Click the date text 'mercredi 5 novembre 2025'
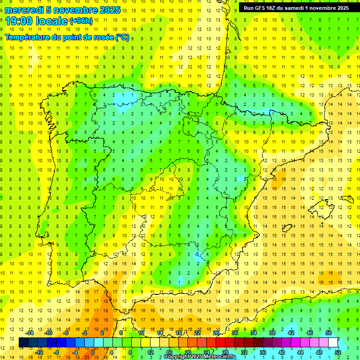(x=62, y=10)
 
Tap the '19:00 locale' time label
(x=36, y=21)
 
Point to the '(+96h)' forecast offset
(x=81, y=21)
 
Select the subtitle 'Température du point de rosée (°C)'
(x=67, y=37)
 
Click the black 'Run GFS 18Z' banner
(x=296, y=7)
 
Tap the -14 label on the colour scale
(x=30, y=333)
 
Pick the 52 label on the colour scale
(x=338, y=352)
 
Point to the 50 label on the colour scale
(x=329, y=333)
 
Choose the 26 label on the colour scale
(x=216, y=333)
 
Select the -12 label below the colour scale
(x=39, y=352)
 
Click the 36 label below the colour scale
(x=263, y=352)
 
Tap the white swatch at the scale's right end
(x=333, y=343)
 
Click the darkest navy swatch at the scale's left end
(x=24, y=343)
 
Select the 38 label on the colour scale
(x=272, y=333)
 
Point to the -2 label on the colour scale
(x=85, y=333)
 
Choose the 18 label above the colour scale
(x=179, y=333)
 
